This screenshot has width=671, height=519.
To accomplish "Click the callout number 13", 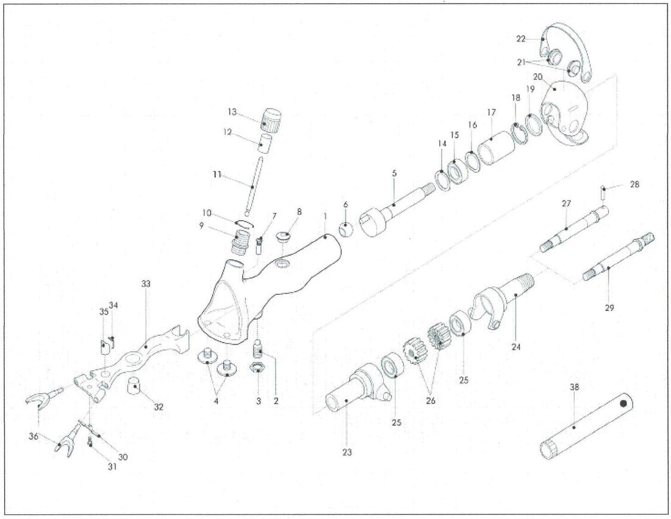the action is [232, 112].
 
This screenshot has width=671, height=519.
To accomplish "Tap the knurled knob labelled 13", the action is [271, 120].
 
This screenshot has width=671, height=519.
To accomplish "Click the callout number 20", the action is [537, 77].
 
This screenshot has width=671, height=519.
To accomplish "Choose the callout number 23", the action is [347, 452].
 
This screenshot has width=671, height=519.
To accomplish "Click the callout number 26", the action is [431, 401].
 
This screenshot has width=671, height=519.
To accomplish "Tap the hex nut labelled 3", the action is [257, 368].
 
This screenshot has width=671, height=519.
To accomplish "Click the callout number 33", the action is [146, 284].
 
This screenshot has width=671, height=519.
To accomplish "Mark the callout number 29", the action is [610, 307].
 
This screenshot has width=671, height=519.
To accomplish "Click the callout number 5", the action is [394, 173].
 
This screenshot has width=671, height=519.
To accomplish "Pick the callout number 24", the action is [516, 346].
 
